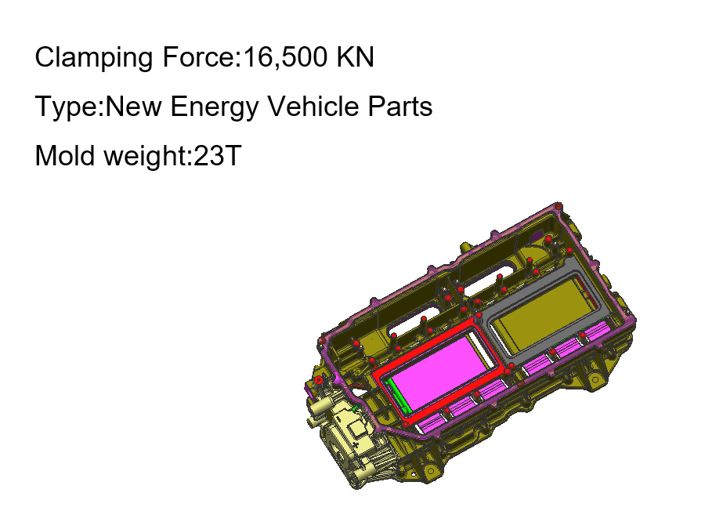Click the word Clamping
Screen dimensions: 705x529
click(x=93, y=58)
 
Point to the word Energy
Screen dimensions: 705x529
click(x=215, y=108)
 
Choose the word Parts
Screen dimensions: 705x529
click(x=400, y=107)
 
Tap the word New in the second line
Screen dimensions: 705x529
click(x=133, y=107)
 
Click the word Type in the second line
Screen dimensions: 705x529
click(x=67, y=108)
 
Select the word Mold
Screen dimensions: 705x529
click(x=65, y=156)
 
